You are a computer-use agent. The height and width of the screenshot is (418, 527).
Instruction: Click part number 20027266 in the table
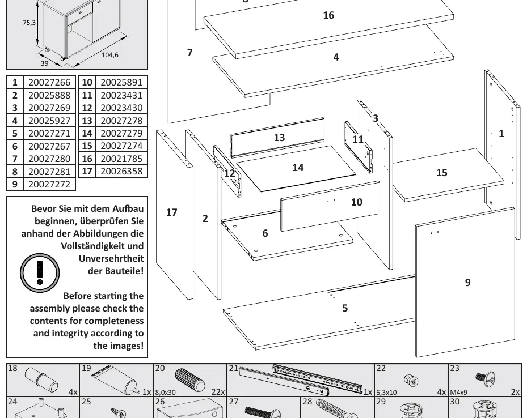[49, 83]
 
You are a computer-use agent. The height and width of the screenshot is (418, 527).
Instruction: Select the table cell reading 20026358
[121, 172]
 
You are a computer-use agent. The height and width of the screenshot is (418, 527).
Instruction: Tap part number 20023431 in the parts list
[121, 95]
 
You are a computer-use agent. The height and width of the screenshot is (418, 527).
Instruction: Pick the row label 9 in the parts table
[15, 184]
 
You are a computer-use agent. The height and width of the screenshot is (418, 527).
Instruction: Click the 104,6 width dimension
[110, 55]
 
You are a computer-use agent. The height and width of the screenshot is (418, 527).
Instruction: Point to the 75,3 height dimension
[29, 23]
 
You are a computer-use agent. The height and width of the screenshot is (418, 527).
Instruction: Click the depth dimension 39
[44, 63]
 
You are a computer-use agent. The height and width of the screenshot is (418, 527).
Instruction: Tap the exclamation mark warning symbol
[40, 273]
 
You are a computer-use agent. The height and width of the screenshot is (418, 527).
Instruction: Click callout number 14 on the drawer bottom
[298, 168]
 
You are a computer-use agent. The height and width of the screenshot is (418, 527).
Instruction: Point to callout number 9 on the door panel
[467, 283]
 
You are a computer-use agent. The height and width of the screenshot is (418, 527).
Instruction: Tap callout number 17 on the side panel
[171, 212]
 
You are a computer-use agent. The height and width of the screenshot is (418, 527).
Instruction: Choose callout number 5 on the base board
[345, 308]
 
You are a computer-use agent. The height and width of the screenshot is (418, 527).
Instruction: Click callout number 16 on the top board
[328, 15]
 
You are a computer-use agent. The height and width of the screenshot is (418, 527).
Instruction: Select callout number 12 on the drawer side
[229, 173]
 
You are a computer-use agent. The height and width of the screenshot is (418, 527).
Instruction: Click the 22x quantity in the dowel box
[218, 392]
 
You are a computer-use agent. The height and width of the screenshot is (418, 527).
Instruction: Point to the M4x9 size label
[458, 392]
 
